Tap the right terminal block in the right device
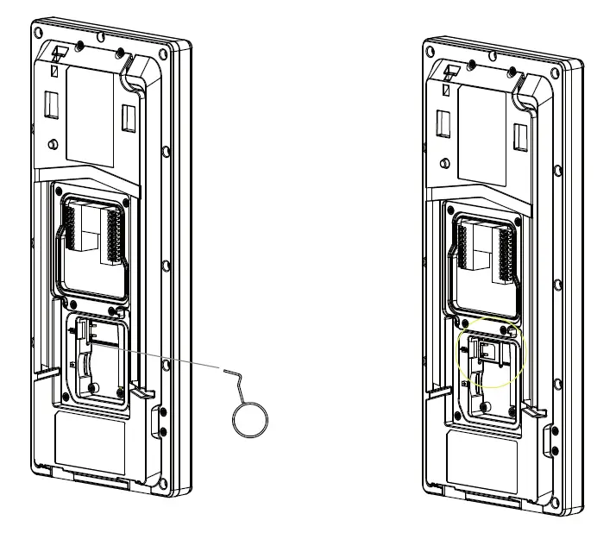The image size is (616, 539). [506, 251]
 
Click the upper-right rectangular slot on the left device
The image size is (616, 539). [129, 118]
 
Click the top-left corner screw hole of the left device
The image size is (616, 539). [40, 31]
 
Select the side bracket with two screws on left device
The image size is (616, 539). [160, 423]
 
